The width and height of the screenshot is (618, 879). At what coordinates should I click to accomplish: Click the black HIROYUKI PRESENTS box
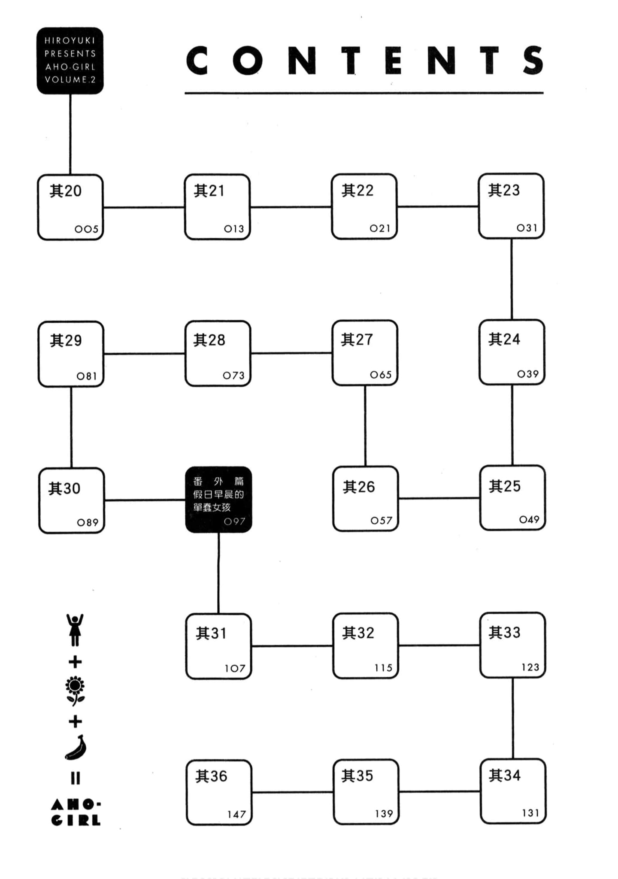[70, 61]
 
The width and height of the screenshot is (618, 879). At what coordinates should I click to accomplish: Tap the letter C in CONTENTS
[197, 61]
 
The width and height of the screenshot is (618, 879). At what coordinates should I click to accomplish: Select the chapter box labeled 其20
[70, 207]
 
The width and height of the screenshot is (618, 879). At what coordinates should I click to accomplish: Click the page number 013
[234, 229]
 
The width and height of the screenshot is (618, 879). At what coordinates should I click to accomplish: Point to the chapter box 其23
[511, 206]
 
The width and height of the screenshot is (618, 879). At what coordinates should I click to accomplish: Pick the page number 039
[528, 374]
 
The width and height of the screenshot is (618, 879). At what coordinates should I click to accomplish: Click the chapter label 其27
[357, 339]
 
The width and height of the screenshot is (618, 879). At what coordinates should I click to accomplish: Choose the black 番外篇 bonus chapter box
[218, 500]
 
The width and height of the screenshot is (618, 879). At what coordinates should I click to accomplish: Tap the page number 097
[234, 521]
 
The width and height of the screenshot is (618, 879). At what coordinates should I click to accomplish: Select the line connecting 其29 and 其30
[71, 427]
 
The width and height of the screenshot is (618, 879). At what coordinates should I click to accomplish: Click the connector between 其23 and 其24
[512, 279]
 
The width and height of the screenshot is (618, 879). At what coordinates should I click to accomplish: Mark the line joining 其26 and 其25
[439, 498]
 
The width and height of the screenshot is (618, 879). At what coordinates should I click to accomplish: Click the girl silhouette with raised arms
[75, 630]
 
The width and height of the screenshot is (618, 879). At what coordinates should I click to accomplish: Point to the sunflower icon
[75, 691]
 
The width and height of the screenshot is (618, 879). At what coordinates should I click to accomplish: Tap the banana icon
[76, 748]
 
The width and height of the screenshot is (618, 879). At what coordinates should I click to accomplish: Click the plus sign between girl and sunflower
[75, 662]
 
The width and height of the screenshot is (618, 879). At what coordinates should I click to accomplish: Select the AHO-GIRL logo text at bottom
[76, 812]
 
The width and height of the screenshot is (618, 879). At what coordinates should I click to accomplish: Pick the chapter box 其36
[219, 792]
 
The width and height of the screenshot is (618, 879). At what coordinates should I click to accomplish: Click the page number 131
[530, 813]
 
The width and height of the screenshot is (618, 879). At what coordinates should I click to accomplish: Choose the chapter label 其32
[358, 633]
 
